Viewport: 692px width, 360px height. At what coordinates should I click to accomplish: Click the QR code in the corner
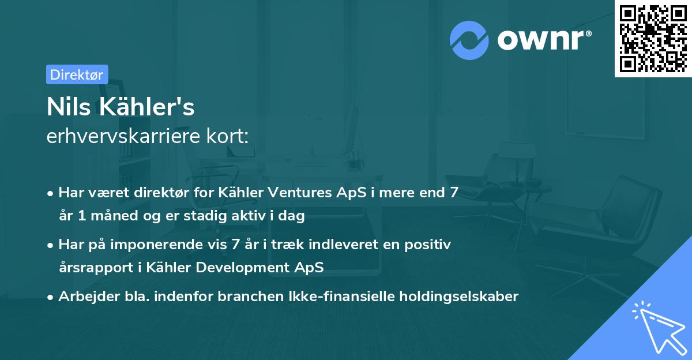(x=653, y=38)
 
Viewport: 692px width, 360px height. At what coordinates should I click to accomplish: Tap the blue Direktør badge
(x=77, y=74)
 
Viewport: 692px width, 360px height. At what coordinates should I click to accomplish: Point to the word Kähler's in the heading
(x=149, y=107)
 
